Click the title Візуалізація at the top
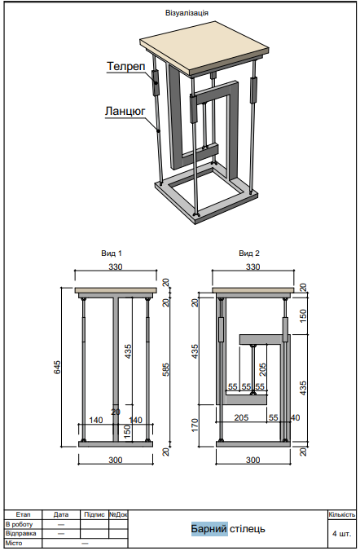[186, 14]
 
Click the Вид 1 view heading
[112, 253]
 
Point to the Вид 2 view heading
[250, 253]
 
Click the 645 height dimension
[58, 367]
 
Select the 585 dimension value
[166, 371]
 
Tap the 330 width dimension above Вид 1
[116, 267]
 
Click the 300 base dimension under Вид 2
[252, 461]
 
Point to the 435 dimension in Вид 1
[127, 351]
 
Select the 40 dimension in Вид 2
[294, 418]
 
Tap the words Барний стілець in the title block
[227, 529]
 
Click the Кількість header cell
[341, 515]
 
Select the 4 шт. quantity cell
[341, 534]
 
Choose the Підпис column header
[94, 515]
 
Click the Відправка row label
[20, 533]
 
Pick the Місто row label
[14, 543]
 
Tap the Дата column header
[61, 515]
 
